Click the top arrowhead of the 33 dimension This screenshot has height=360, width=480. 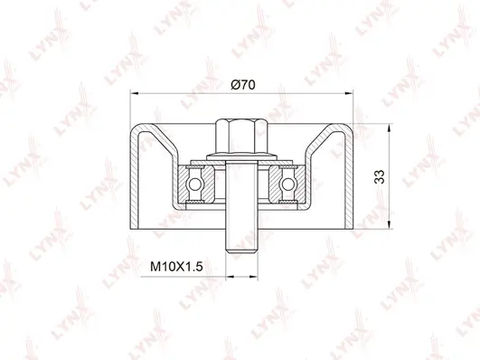[392, 124]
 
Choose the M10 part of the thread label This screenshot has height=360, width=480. [160, 267]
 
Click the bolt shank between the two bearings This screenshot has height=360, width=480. [240, 194]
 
